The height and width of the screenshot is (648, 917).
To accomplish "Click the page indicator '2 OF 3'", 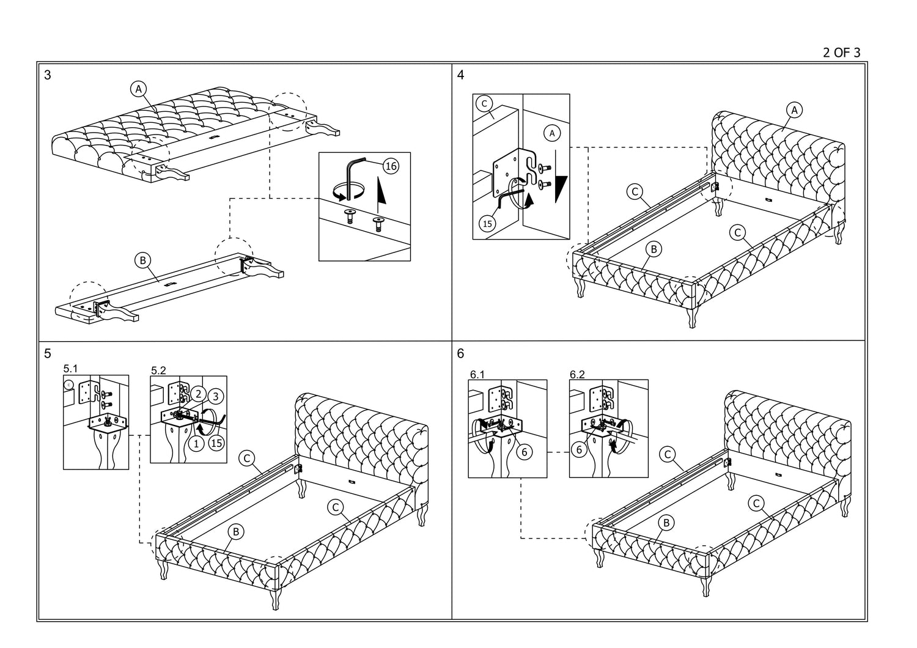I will pos(841,53).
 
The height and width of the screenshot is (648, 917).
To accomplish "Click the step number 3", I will pos(48,76).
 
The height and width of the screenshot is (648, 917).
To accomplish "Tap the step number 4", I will pos(460,75).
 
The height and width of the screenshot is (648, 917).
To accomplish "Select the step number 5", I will pos(48,353).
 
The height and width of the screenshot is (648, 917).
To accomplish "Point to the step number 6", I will pos(460,353).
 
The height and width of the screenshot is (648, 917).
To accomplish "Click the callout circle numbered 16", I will pos(391,165).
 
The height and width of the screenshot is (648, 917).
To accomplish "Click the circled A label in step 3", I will pos(139,89).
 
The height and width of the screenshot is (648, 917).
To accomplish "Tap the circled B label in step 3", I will pos(142,260).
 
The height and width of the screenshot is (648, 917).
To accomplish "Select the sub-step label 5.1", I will pos(71,369).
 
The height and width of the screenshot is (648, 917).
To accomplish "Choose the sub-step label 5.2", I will pos(158,370).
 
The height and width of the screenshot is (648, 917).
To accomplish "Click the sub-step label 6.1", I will pos(477,374).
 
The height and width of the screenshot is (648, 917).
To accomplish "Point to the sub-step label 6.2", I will pos(577,374).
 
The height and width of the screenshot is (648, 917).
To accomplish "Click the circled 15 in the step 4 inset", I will pos(487,224).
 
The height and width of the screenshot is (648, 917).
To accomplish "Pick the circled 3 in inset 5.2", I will pos(215,396).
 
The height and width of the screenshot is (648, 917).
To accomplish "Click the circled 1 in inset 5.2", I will pos(196,444).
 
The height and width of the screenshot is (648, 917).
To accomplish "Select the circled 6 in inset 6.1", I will pos(524,452).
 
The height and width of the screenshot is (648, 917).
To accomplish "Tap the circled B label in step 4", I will pos(654,249).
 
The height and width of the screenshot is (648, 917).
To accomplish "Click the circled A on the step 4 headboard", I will pos(794,110).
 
